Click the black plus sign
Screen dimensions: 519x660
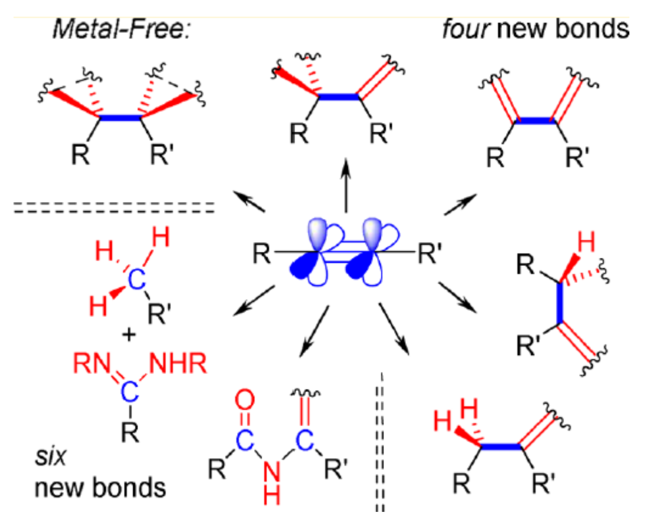(x=129, y=335)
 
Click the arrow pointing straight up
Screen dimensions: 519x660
(x=346, y=186)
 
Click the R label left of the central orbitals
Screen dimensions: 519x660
(x=261, y=254)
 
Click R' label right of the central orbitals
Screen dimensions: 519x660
(x=430, y=253)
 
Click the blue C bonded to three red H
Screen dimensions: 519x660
(x=136, y=280)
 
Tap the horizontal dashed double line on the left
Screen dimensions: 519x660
(x=114, y=208)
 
